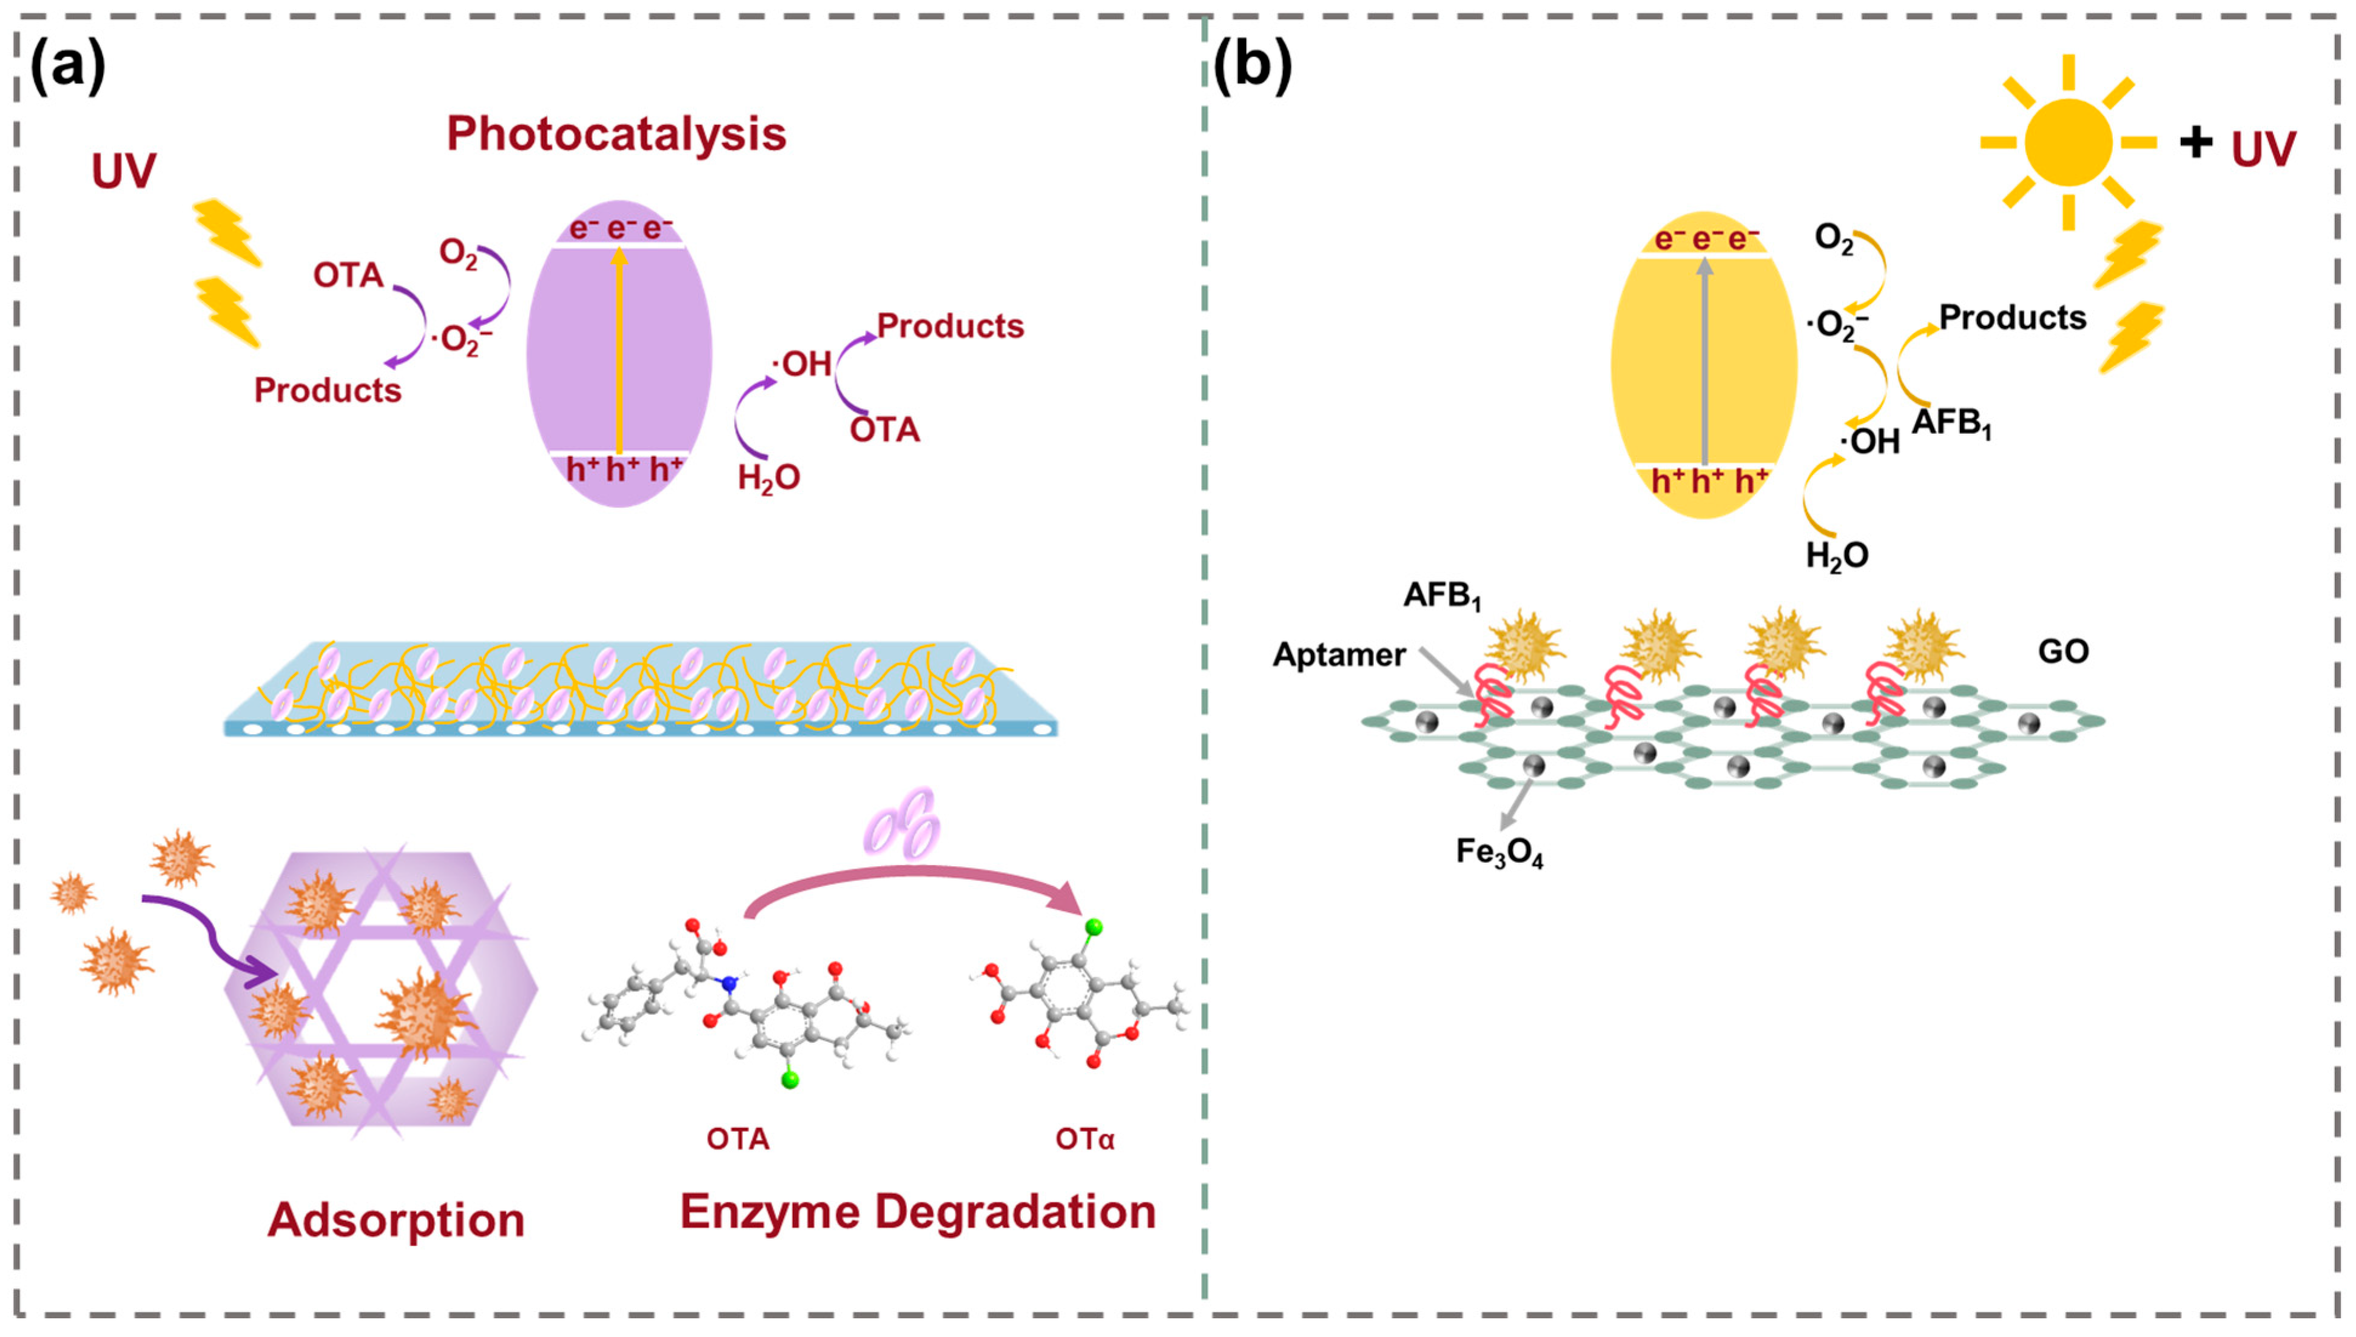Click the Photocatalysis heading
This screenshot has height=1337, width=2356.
point(616,134)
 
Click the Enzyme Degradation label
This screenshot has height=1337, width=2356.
point(917,1211)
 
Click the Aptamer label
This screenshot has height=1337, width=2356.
point(1339,655)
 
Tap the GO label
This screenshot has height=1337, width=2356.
point(2063,652)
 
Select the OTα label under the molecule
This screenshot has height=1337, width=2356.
point(1085,1140)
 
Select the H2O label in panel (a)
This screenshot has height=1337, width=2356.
point(769,477)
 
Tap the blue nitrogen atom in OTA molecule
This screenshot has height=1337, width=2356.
point(730,985)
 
